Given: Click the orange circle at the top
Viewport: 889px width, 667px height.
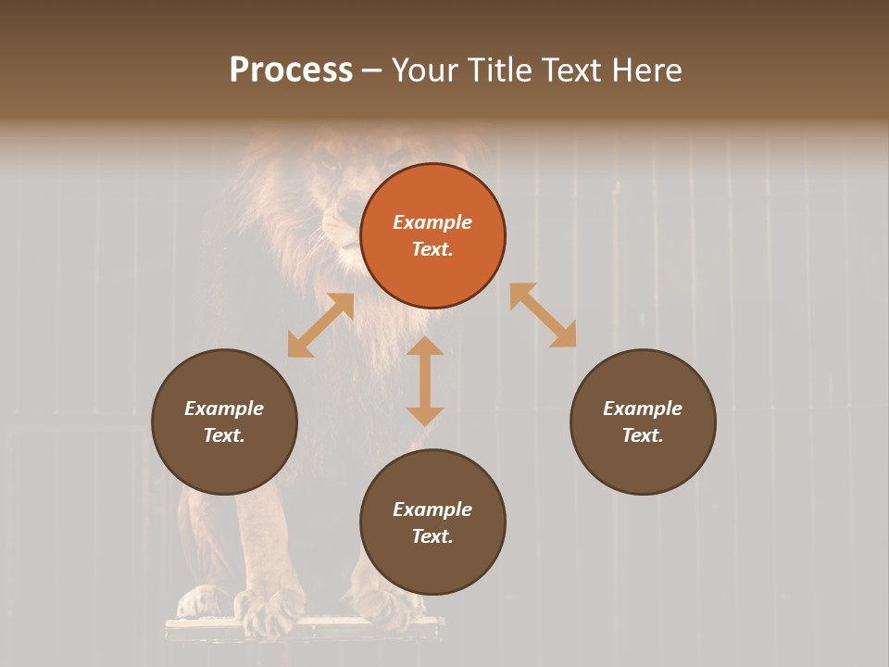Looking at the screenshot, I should point(432,236).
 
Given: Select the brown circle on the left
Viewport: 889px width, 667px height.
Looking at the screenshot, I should point(224,422).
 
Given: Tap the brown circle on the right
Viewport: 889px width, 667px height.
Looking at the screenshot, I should point(643,422).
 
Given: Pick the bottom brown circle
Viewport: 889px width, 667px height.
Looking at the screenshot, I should point(432,522).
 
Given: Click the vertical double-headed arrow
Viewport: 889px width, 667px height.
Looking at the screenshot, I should point(425,381).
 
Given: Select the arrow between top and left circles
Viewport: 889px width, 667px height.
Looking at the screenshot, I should point(320,325).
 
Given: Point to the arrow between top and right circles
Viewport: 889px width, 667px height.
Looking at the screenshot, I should point(544,315).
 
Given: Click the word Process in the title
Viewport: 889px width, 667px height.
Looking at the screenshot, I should point(291,70).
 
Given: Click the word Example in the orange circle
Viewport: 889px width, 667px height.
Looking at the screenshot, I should point(432,222).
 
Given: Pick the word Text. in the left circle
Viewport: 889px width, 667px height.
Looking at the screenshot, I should point(224,435).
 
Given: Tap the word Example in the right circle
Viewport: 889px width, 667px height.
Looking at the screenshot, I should point(643,409).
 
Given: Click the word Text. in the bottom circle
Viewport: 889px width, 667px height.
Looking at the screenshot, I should point(432,536).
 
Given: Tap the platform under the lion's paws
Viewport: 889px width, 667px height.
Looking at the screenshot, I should point(306,630).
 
